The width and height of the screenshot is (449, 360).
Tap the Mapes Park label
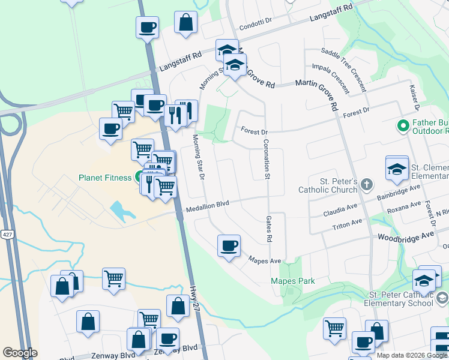293,281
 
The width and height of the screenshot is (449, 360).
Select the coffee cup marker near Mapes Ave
229,246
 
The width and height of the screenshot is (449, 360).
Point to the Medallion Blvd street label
208,205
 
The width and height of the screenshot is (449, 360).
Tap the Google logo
20,353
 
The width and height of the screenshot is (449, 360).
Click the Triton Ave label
348,225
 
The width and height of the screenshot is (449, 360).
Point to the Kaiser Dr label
414,96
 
